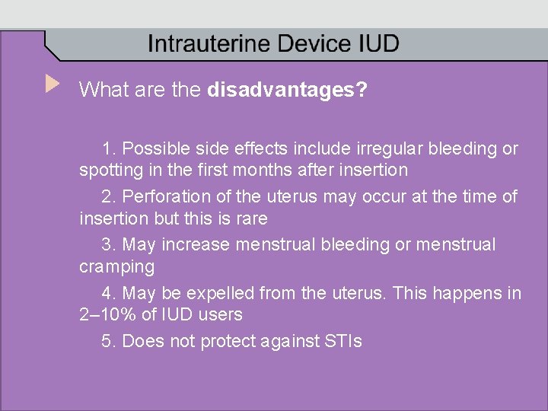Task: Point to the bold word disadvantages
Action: coord(287,91)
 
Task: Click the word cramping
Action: coord(116,267)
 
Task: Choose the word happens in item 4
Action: coord(467,293)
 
